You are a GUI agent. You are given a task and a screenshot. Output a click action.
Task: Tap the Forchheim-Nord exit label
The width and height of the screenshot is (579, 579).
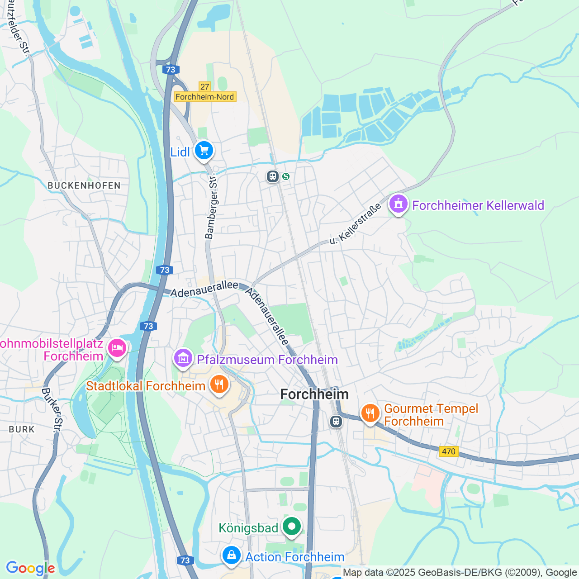(205, 97)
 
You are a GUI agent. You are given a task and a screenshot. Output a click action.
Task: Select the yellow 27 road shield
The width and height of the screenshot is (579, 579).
(205, 86)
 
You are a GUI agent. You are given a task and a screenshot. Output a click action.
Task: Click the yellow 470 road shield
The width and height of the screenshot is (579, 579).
(448, 451)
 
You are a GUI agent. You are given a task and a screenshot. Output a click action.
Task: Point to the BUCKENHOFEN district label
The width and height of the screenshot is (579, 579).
(84, 185)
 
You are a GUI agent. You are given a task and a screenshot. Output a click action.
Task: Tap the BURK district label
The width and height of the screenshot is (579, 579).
(22, 429)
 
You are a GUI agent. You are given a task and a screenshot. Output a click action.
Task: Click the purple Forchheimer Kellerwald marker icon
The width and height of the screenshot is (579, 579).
(398, 204)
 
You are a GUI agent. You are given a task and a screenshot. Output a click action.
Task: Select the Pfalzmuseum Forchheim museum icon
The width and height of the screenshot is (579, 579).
(183, 359)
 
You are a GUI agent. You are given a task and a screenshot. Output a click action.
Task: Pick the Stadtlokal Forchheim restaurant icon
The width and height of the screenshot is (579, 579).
(219, 385)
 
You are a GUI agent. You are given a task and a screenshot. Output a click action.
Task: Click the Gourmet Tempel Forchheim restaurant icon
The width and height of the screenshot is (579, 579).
(370, 413)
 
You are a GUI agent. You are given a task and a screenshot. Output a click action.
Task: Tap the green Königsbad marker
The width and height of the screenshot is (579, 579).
(292, 527)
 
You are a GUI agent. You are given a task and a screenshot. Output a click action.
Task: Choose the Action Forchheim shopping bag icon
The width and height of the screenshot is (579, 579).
(232, 555)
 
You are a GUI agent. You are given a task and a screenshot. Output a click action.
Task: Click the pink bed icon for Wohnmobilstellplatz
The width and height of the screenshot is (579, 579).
(117, 349)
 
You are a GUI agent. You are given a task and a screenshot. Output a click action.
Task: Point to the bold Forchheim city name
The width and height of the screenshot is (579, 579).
(314, 394)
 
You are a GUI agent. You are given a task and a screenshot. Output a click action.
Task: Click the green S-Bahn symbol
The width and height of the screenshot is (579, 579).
(286, 176)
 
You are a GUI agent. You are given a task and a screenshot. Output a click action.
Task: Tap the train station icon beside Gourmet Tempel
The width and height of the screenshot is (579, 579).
(336, 422)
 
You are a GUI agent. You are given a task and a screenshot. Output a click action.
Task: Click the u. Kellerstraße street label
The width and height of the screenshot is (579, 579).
(355, 224)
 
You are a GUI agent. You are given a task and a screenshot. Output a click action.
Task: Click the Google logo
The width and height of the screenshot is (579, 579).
(30, 568)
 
